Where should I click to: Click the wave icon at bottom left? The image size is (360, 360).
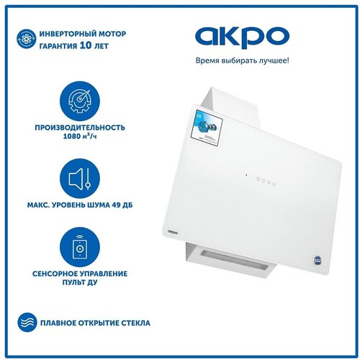pyautogui.click(x=24, y=321)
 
